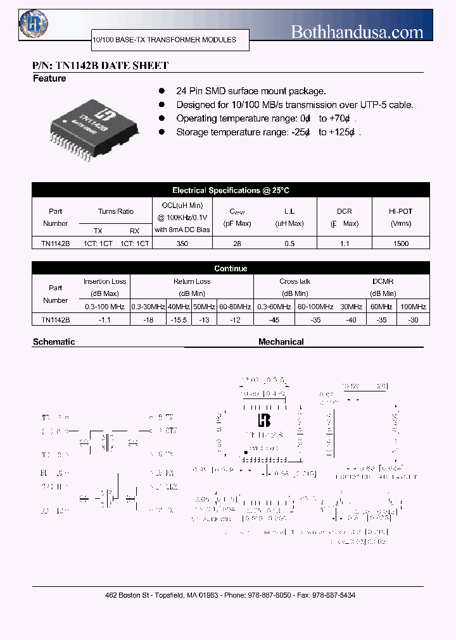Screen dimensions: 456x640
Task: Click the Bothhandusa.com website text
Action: click(x=357, y=32)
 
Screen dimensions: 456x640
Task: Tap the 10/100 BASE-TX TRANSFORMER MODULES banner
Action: click(x=164, y=40)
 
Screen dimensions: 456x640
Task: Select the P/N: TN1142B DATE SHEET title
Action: click(x=101, y=66)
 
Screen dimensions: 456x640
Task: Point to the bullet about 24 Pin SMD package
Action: click(x=251, y=91)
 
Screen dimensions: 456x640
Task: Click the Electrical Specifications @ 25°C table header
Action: click(x=231, y=190)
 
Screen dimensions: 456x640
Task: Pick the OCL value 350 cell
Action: click(x=182, y=243)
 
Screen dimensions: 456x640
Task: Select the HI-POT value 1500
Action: click(x=401, y=243)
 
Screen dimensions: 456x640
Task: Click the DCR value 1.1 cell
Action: click(x=345, y=243)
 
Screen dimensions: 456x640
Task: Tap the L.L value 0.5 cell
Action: click(x=289, y=243)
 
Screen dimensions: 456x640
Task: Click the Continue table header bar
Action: click(x=231, y=269)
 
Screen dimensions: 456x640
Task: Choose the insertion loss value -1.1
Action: click(x=104, y=320)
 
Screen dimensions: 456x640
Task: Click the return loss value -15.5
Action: click(x=179, y=320)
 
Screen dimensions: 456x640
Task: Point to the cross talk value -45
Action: click(x=274, y=320)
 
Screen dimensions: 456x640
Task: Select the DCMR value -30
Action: click(x=413, y=320)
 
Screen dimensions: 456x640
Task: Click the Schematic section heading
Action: click(x=54, y=342)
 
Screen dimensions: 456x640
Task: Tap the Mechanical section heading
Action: click(x=281, y=342)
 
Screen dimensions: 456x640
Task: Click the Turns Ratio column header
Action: click(x=116, y=211)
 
